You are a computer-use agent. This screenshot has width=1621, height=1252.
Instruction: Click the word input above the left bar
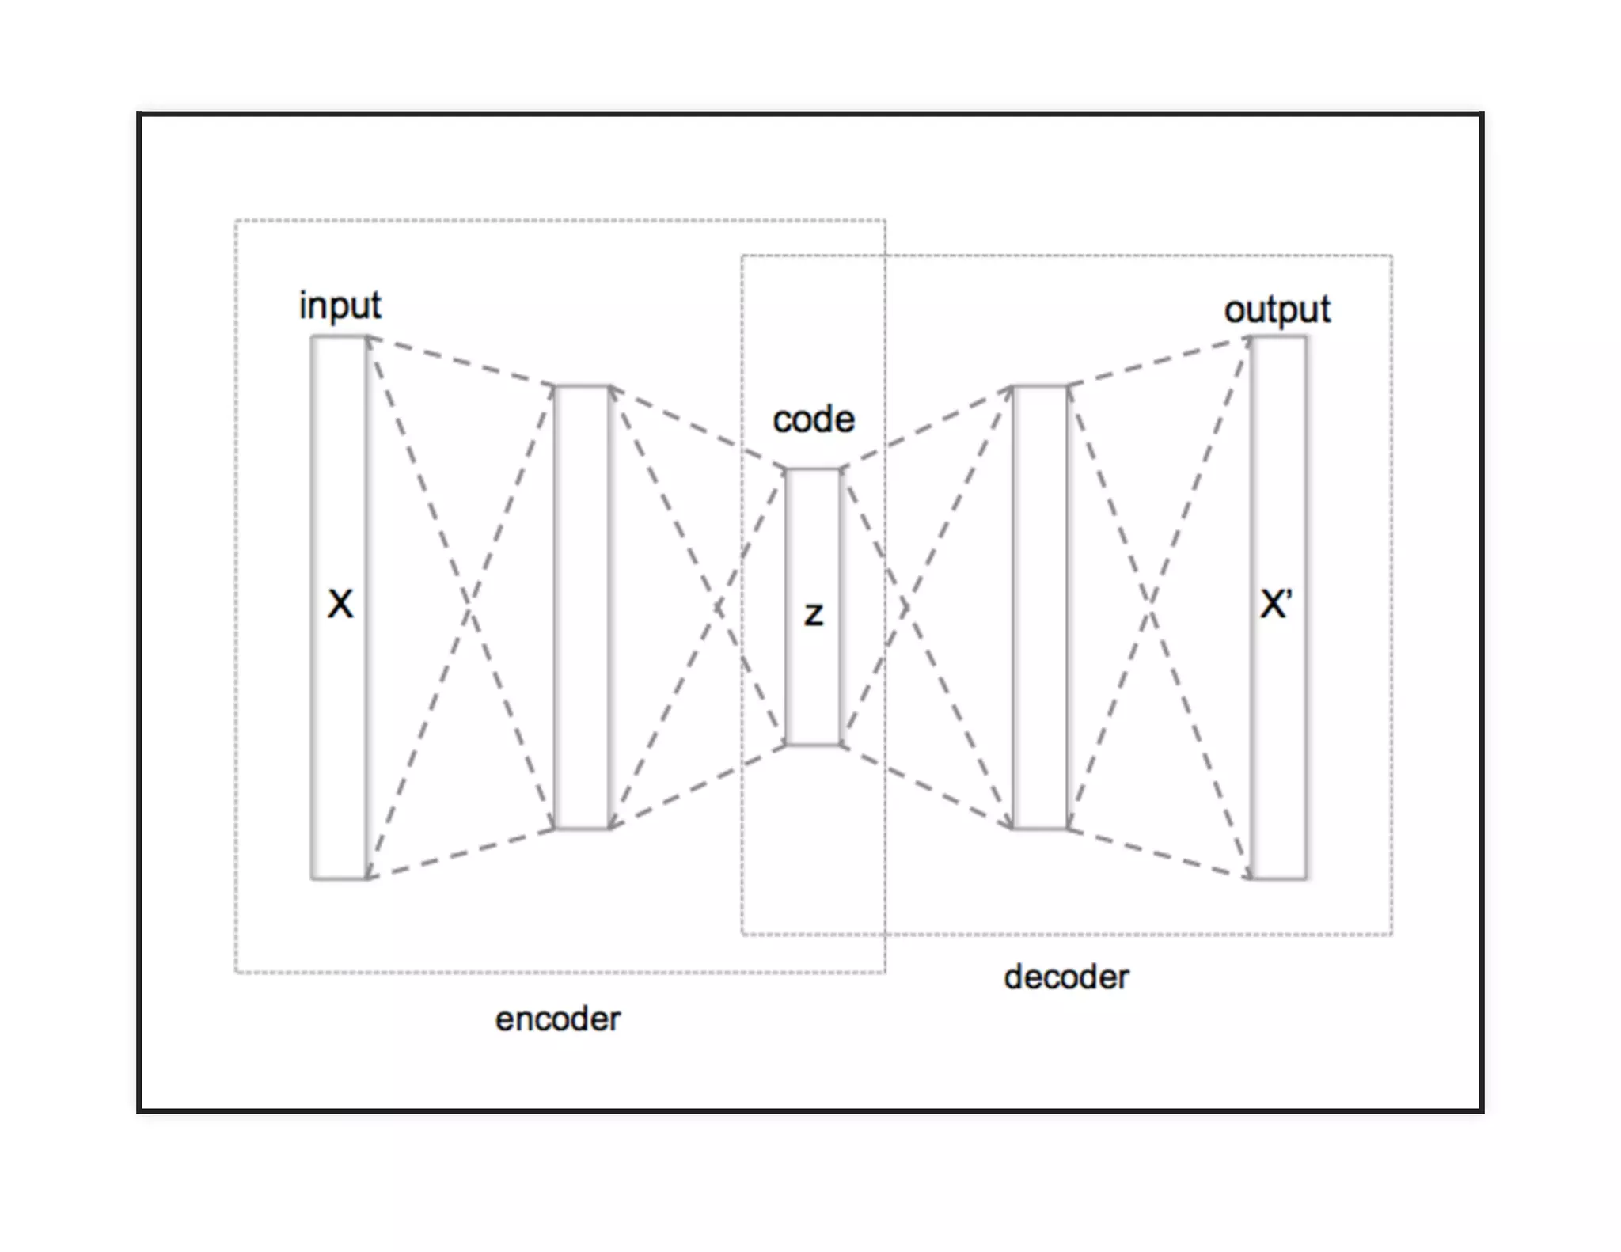(340, 305)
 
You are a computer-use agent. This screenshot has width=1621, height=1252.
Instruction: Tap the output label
(1277, 309)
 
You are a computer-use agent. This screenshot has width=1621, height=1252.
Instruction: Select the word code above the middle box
(814, 419)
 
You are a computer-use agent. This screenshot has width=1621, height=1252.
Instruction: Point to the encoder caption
(558, 1019)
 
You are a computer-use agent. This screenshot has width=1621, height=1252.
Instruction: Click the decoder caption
(1066, 977)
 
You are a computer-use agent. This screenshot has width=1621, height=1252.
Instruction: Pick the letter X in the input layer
(340, 604)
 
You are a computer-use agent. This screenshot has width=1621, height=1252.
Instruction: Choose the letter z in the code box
(814, 614)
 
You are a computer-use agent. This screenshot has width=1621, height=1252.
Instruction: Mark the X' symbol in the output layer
(1276, 604)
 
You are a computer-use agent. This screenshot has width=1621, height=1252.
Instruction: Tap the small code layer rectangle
(813, 538)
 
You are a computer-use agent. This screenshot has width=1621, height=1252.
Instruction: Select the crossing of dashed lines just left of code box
(719, 608)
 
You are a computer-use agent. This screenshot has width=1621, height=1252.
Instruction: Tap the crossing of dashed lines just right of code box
(905, 608)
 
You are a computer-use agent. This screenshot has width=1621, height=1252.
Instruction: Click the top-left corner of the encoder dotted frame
(236, 221)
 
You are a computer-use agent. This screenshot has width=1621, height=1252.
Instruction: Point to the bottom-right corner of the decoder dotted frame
(1391, 935)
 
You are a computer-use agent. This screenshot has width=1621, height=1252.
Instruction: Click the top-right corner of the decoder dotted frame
(1391, 256)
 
